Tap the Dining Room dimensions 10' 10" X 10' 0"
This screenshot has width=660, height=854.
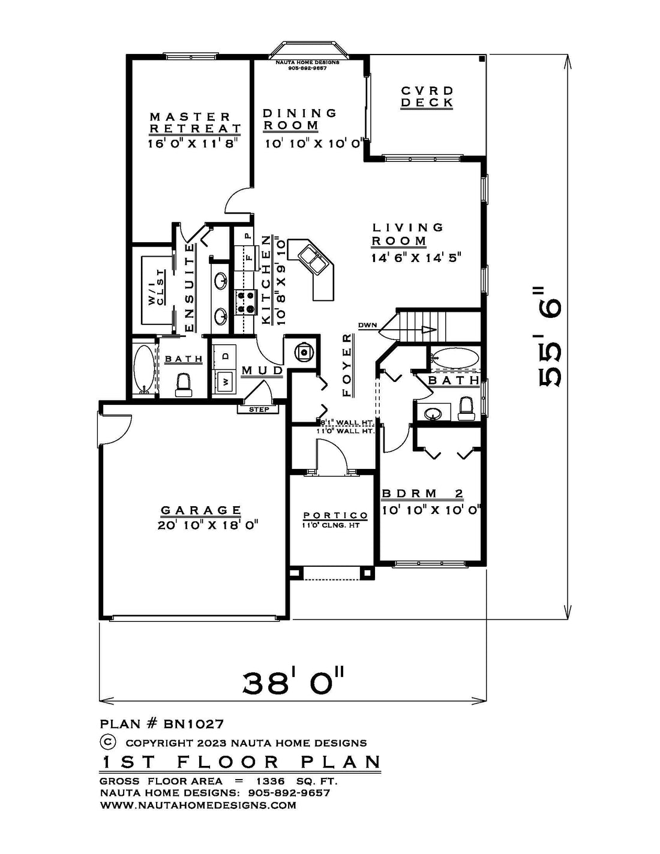coord(313,143)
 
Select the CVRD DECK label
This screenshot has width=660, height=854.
coord(427,97)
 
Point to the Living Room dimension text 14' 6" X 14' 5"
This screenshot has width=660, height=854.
coord(416,258)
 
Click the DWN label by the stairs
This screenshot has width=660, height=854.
coord(368,325)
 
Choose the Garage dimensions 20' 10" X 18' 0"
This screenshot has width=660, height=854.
coord(208,525)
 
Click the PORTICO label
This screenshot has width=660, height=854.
coord(335,515)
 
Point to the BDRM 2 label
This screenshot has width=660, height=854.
coord(423,494)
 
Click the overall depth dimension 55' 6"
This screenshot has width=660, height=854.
coord(548,336)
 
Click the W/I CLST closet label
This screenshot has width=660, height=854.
coord(156,287)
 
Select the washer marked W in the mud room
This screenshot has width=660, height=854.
coord(225,381)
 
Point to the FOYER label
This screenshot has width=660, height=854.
coord(347,365)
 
